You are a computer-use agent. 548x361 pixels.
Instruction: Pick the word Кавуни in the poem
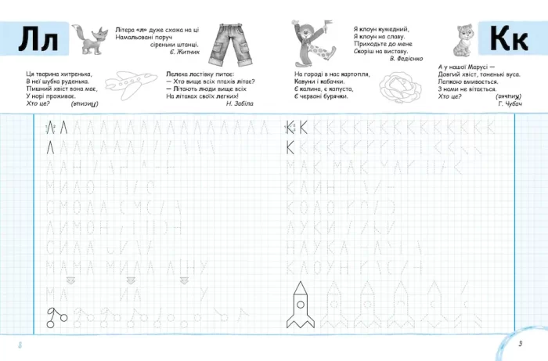pos(301,81)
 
